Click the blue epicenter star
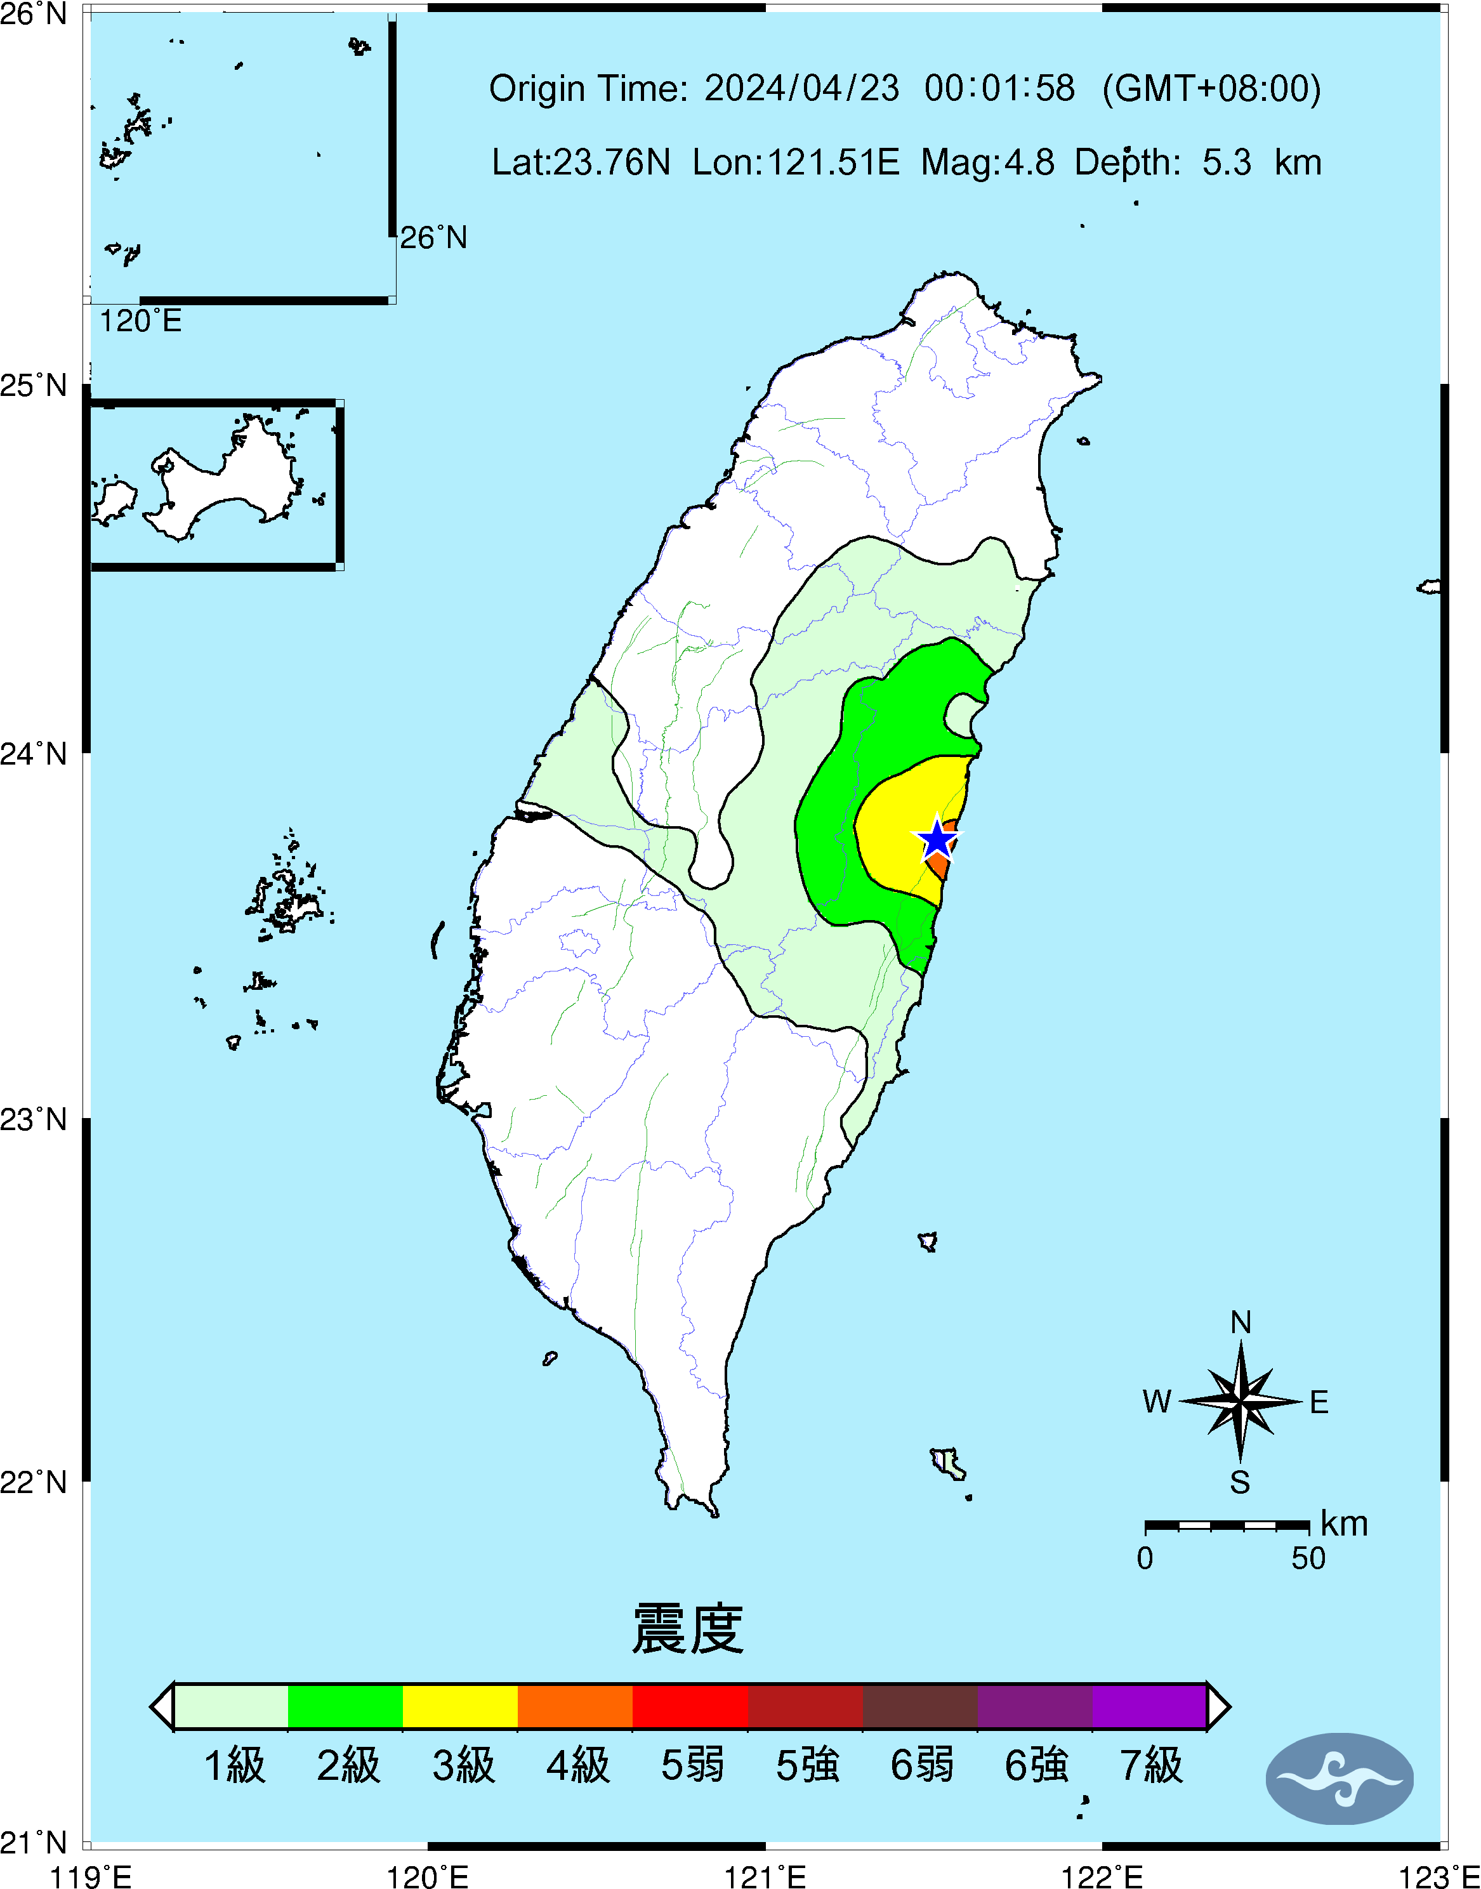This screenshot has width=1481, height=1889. [x=937, y=839]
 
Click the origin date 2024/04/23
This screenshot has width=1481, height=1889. [x=801, y=88]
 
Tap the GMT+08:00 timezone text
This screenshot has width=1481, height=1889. [x=1211, y=88]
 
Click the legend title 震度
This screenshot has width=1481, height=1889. [x=688, y=1629]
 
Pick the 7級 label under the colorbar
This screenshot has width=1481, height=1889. [x=1150, y=1766]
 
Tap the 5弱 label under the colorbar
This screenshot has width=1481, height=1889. [x=692, y=1766]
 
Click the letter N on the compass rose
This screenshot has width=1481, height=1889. [x=1241, y=1323]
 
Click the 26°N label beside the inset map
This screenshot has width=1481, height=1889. [x=433, y=237]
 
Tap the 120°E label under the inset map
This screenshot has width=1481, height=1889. [x=140, y=322]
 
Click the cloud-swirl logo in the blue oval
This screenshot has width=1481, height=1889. [x=1339, y=1779]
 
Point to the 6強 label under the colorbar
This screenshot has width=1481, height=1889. [x=1036, y=1766]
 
